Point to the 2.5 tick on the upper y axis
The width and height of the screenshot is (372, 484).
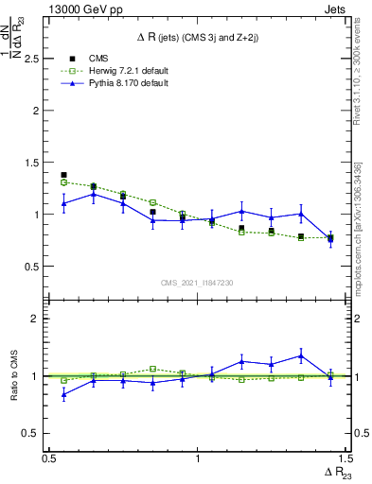pyautogui.click(x=36, y=59)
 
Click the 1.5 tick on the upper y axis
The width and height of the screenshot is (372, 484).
pyautogui.click(x=36, y=163)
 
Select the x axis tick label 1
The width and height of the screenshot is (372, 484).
pyautogui.click(x=198, y=458)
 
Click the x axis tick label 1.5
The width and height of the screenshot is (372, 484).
pyautogui.click(x=345, y=458)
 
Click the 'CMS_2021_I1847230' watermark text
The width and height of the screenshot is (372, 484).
pyautogui.click(x=198, y=283)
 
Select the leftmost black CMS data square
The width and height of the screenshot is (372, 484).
pyautogui.click(x=63, y=175)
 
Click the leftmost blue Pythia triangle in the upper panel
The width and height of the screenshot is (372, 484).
pyautogui.click(x=63, y=203)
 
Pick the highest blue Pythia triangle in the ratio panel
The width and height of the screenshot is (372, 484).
pyautogui.click(x=300, y=356)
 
